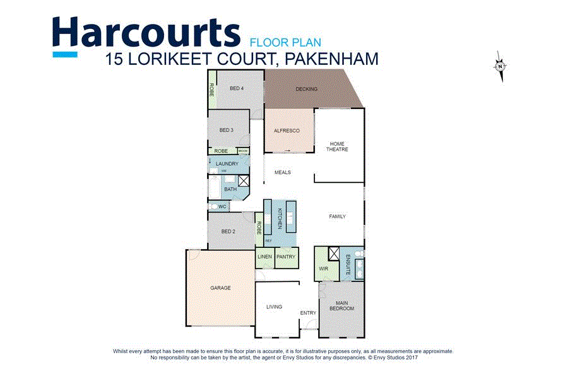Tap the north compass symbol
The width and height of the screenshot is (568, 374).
[x=500, y=66]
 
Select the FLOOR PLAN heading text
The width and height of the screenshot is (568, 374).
[x=285, y=43]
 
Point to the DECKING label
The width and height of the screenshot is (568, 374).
[x=307, y=89]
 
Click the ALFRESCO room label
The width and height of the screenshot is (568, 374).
[x=286, y=131]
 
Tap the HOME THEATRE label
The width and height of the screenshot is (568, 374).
[x=337, y=146]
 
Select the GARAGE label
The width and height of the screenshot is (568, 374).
[x=220, y=288]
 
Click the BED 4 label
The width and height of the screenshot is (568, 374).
[x=237, y=88]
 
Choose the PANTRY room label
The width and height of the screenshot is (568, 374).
[x=286, y=257]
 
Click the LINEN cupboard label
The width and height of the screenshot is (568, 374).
[x=264, y=257]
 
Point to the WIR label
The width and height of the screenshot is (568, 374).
[x=323, y=268]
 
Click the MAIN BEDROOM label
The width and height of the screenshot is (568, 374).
[x=341, y=305]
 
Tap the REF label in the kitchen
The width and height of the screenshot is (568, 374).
[x=268, y=241]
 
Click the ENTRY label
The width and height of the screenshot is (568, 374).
[x=308, y=313]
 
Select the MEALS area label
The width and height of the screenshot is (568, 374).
[x=282, y=172]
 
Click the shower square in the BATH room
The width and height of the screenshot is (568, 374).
[x=244, y=181]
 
